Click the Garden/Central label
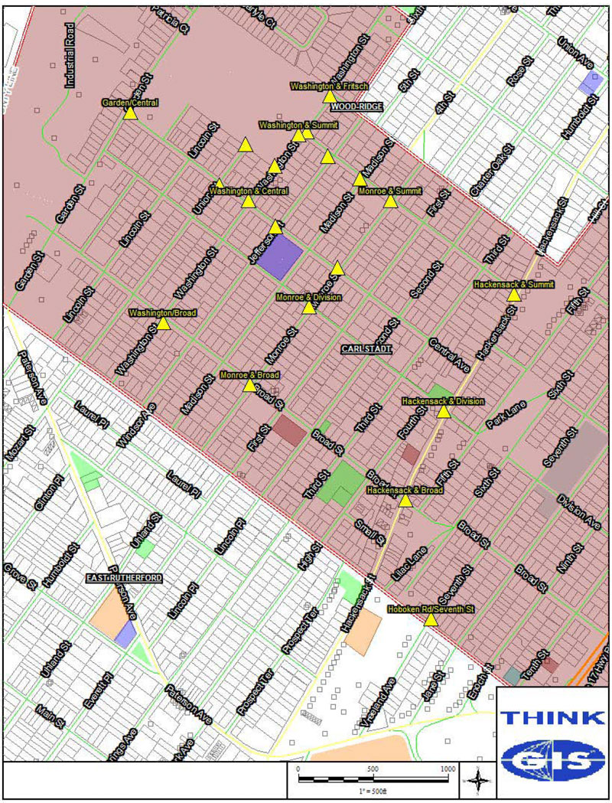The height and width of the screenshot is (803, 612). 129,102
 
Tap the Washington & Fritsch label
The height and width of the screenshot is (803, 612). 329,87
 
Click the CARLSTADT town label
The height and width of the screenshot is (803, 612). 366,349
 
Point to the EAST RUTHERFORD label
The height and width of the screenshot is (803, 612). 124,577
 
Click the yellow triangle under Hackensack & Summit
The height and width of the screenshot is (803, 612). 514,295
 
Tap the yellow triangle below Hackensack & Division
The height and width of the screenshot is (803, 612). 443,412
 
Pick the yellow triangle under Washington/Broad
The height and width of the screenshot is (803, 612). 163,324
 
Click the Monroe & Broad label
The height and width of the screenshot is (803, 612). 249,375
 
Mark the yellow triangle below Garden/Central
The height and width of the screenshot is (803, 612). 130,113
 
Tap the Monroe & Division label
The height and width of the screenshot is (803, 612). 308,297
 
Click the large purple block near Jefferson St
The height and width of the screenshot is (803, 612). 280,257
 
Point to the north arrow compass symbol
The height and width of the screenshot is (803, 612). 477,780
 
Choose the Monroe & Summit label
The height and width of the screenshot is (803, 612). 390,190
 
